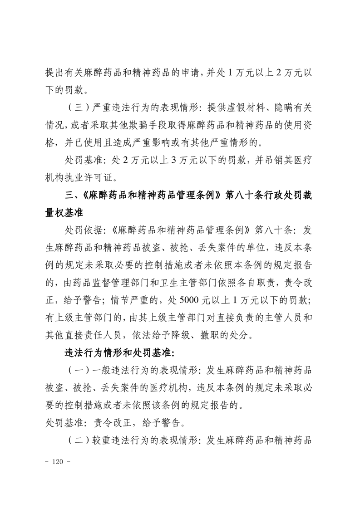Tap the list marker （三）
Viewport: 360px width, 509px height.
point(76,107)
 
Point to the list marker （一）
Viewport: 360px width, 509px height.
point(76,371)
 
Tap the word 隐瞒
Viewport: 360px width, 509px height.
point(276,107)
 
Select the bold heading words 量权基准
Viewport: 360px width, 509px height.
point(63,213)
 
